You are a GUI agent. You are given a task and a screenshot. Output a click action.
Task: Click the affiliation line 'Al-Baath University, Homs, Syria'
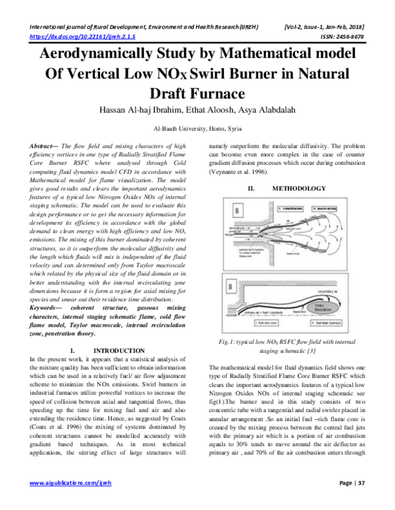[x=197, y=129]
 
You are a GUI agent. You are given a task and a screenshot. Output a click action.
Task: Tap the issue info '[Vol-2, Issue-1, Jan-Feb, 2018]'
[x=323, y=27]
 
